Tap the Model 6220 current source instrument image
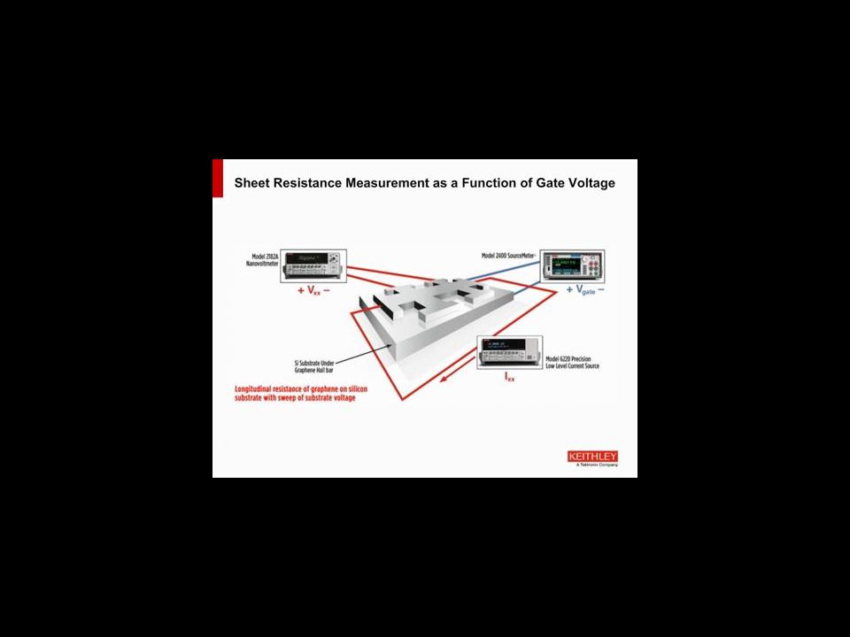point(508,352)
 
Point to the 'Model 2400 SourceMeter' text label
point(509,255)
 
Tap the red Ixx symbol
point(511,376)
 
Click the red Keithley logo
point(593,456)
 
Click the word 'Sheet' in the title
point(252,183)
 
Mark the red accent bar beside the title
point(217,178)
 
